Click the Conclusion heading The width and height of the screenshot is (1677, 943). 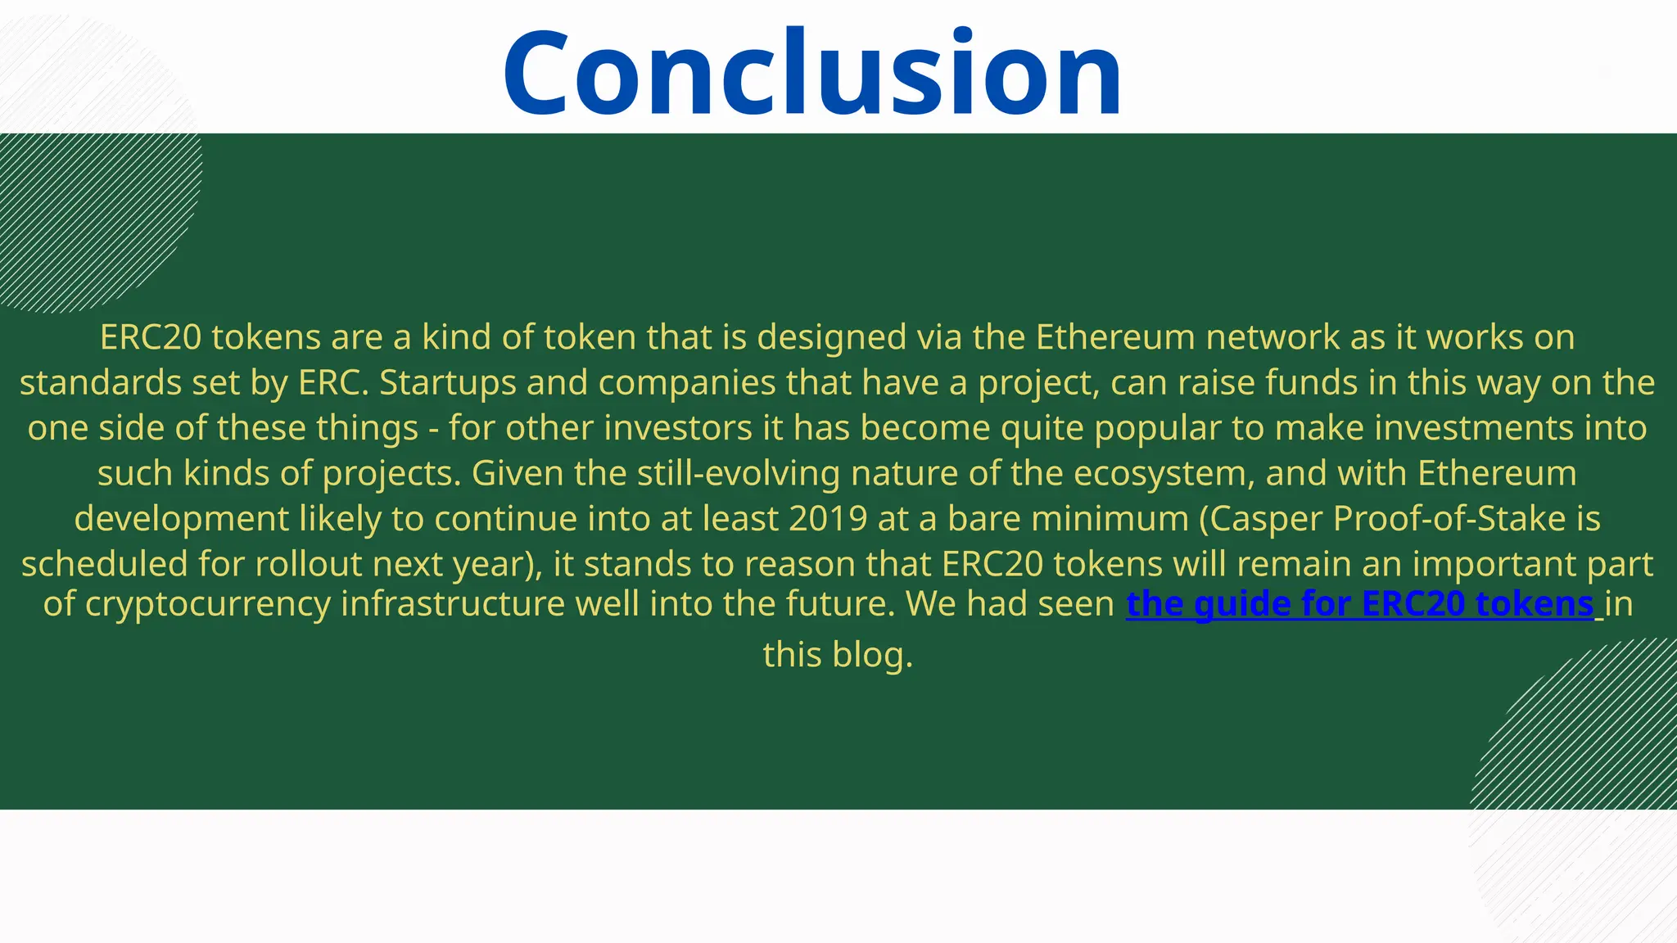tap(812, 74)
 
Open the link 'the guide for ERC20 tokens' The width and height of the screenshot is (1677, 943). tap(1360, 604)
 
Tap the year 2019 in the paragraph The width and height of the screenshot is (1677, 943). tap(828, 519)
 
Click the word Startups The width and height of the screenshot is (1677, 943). tap(447, 383)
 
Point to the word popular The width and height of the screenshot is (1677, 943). tap(1158, 428)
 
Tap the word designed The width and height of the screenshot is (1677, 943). tap(831, 337)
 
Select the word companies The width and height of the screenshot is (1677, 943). tap(687, 383)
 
